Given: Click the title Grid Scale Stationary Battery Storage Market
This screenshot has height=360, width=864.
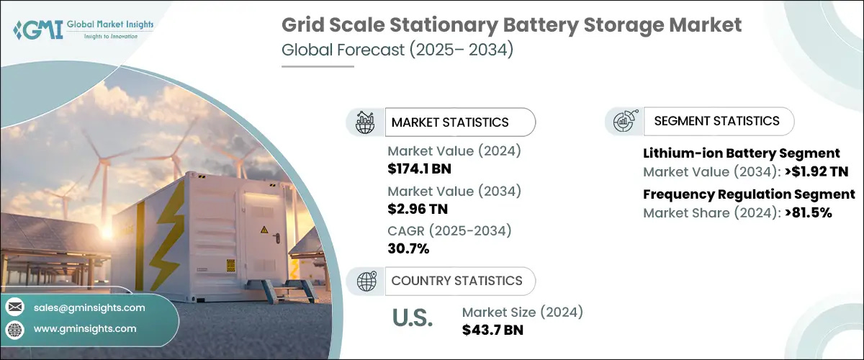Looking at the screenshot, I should tap(510, 25).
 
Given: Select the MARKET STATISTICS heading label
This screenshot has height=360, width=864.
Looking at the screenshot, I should tap(450, 122).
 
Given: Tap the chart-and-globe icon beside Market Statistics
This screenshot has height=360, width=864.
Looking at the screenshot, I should tap(366, 122).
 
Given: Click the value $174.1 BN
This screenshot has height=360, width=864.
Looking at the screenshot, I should tap(419, 170).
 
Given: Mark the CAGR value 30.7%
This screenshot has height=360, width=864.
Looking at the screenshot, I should tap(408, 249).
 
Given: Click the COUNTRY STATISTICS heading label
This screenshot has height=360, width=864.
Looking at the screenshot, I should tap(456, 281).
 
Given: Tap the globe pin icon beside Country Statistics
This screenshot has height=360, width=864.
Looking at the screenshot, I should tap(366, 281).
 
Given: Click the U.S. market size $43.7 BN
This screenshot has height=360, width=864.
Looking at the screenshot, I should tap(492, 330).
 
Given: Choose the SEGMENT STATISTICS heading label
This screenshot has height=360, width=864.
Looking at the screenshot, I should tap(716, 121).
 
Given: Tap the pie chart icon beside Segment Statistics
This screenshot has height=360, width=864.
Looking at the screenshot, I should tap(624, 121).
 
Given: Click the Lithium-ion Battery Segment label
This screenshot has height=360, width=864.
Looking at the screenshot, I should tap(741, 153).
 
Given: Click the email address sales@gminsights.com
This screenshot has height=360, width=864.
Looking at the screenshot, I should tap(89, 307).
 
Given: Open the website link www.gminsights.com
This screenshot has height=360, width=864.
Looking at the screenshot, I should tap(85, 328).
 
